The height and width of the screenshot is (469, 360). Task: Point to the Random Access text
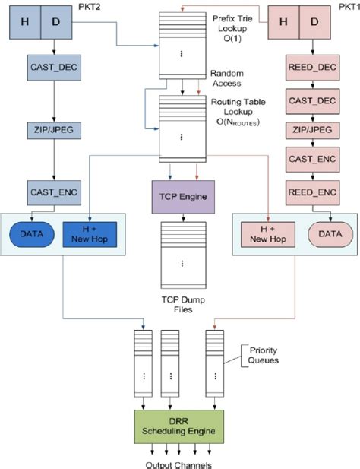pyautogui.click(x=226, y=79)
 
